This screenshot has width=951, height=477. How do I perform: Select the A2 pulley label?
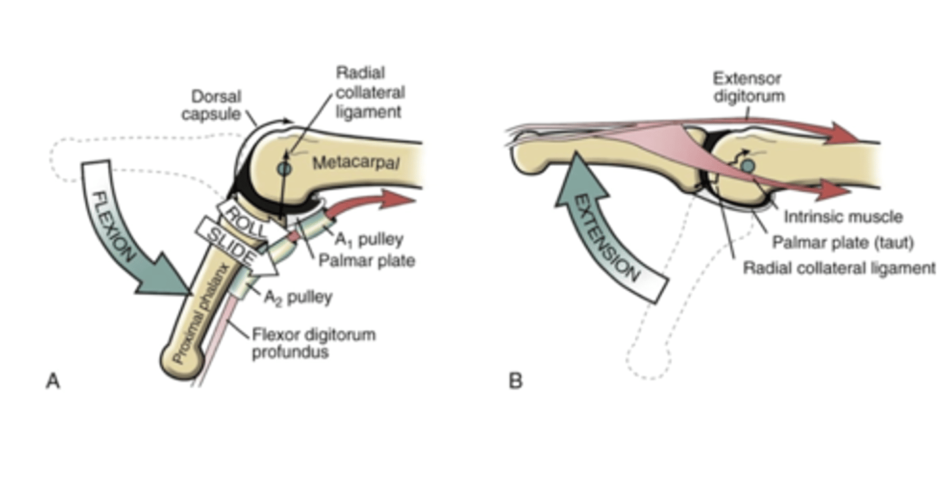(298, 298)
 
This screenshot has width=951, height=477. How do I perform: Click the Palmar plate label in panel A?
(367, 261)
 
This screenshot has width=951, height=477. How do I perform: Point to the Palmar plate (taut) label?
(843, 242)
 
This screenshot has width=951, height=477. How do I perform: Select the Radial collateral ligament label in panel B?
(839, 269)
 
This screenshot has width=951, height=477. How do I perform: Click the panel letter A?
(52, 381)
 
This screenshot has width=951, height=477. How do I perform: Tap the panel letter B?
(516, 381)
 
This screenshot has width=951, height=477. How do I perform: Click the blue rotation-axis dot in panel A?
(283, 169)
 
